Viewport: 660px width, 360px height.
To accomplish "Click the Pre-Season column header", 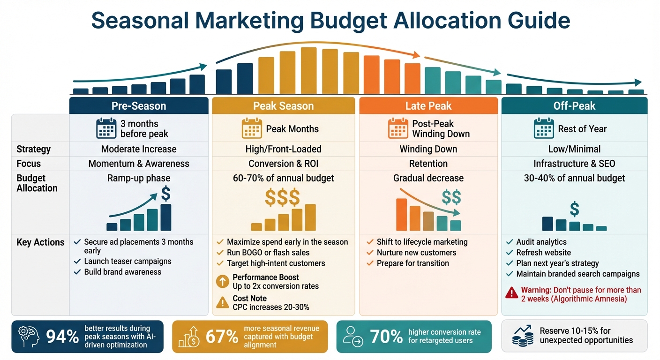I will [139, 106].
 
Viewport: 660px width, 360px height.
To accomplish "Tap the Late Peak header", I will [428, 106].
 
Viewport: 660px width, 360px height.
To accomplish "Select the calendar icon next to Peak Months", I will [252, 128].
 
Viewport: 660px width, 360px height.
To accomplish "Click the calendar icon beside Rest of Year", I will [544, 128].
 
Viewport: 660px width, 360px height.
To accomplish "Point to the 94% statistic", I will [62, 337].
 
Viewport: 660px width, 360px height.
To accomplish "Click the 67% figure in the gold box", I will [222, 337].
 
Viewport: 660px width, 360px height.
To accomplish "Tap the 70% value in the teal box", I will [386, 337].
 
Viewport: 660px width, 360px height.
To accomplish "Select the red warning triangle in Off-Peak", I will [511, 293].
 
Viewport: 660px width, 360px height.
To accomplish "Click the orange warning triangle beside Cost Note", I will [222, 302].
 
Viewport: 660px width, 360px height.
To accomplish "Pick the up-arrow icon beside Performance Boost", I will [222, 281].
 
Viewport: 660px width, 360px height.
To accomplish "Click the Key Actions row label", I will [40, 242].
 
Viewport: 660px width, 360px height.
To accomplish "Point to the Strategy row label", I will [33, 149].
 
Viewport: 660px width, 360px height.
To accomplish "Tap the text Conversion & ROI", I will [283, 164].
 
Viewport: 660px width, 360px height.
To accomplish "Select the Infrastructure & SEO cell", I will [574, 164].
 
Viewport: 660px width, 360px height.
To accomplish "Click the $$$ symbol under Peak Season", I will [282, 198].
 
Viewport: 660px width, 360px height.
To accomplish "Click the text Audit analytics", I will [541, 242].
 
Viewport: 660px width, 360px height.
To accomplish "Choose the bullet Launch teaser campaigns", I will [127, 261].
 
